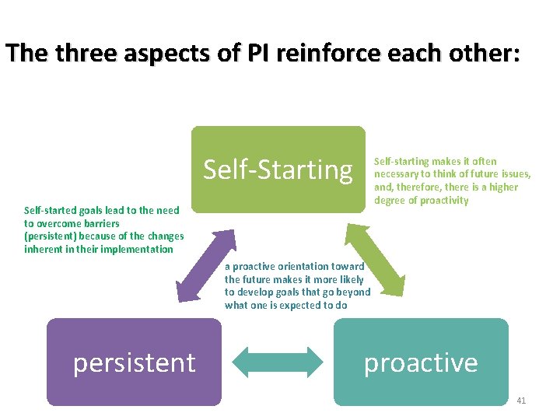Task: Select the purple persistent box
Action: (134, 362)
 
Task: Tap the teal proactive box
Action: (421, 362)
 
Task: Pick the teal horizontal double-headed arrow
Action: (278, 362)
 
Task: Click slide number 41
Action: (521, 401)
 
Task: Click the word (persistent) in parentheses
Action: (51, 236)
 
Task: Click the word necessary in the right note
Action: (398, 174)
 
